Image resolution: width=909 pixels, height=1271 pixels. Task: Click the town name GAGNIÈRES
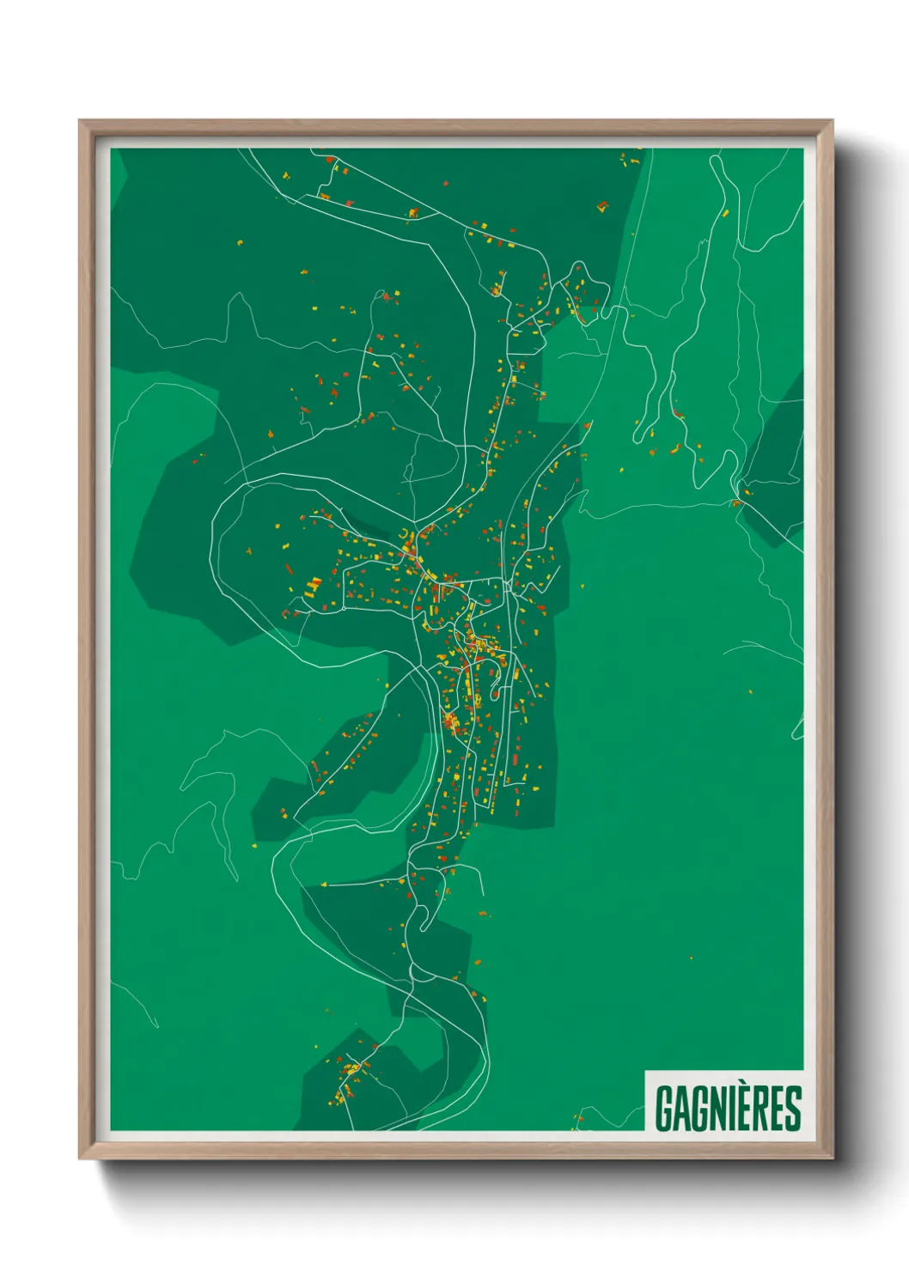tap(728, 1108)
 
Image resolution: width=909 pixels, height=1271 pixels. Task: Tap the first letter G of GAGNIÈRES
tap(664, 1109)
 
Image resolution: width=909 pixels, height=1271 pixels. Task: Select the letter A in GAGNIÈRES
tap(681, 1109)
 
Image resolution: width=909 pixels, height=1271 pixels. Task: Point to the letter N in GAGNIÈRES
tap(717, 1109)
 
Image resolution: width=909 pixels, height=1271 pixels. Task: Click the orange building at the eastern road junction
tap(736, 502)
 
